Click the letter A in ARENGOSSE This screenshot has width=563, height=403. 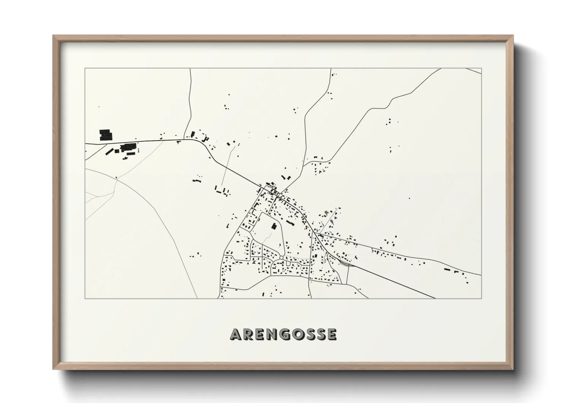click(x=235, y=335)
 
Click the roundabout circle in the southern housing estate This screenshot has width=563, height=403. click(x=281, y=258)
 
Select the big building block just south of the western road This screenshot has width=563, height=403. click(x=129, y=147)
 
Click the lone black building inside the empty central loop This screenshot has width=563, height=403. click(x=273, y=226)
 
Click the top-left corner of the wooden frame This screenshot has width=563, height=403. click(x=53, y=36)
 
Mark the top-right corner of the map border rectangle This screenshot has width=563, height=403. click(x=481, y=68)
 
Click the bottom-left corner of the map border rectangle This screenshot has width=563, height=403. click(x=85, y=298)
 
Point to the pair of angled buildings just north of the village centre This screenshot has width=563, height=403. click(x=286, y=177)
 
